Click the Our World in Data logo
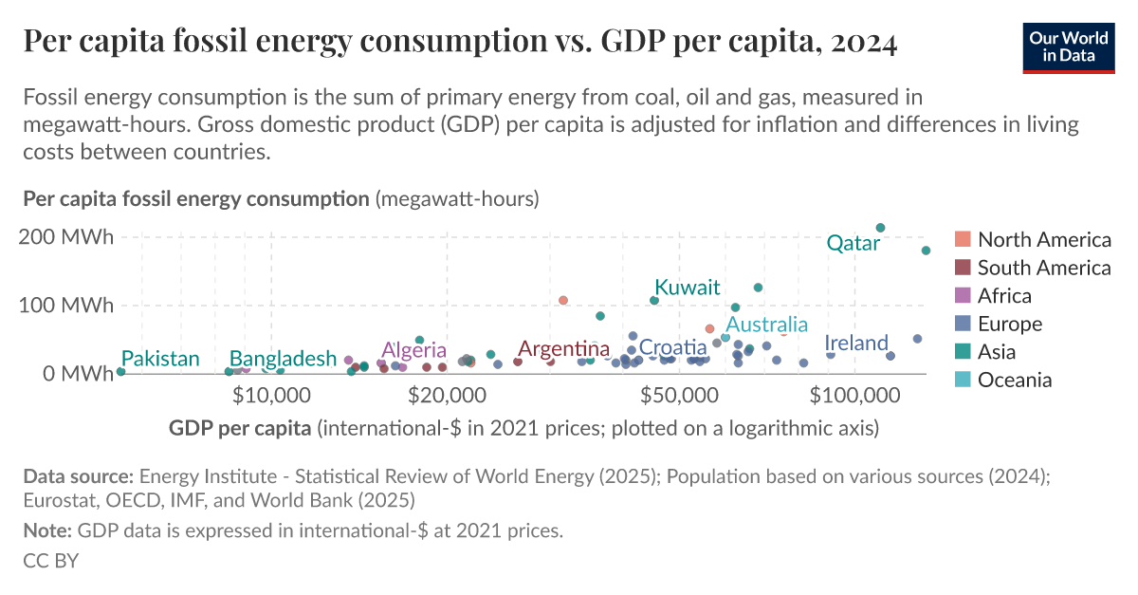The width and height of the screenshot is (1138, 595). (x=1068, y=45)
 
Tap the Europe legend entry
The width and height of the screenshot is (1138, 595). (x=1009, y=324)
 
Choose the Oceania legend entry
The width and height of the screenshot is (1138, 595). (x=1014, y=381)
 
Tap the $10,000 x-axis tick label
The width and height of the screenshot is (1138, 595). (x=273, y=394)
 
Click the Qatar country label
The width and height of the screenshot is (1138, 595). (x=853, y=244)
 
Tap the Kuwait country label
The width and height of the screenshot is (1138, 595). (x=688, y=288)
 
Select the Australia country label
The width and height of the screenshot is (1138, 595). (x=766, y=325)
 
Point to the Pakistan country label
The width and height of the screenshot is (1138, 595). (x=160, y=359)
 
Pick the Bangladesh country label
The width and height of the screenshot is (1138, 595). (x=283, y=359)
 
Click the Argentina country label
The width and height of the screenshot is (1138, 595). (x=563, y=349)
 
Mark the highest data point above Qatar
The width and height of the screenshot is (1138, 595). (x=880, y=228)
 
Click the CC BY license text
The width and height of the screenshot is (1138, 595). (x=50, y=561)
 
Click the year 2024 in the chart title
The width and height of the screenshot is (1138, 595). (x=860, y=43)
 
